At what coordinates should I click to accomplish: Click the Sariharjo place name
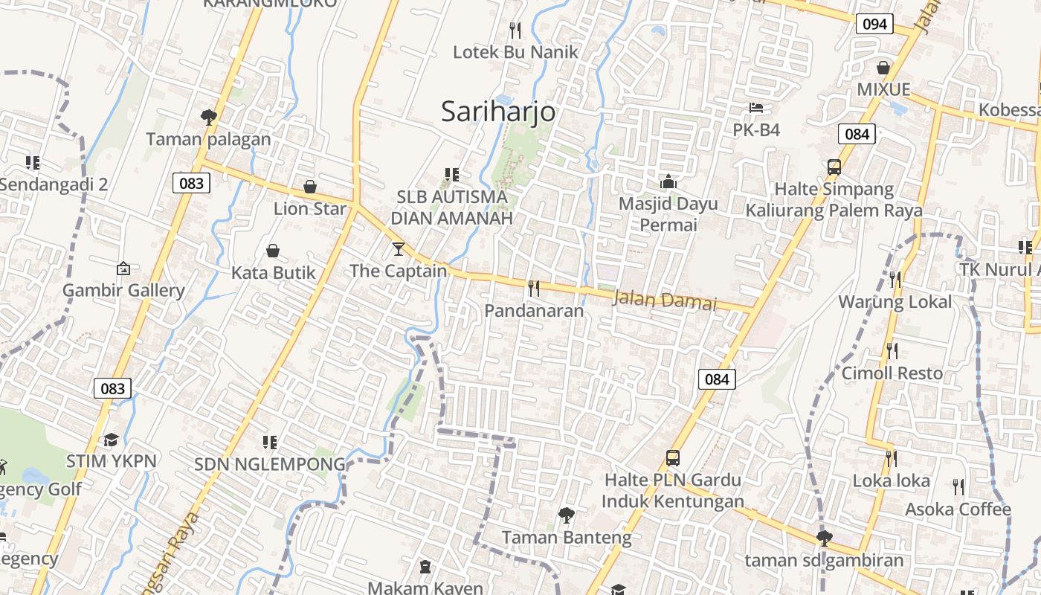click(498, 112)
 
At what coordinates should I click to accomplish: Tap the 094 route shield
click(874, 24)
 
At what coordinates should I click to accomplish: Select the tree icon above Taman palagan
click(208, 117)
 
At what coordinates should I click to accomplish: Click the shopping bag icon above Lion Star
click(310, 186)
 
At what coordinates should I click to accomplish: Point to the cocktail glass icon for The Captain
click(399, 248)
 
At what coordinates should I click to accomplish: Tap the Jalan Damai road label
click(665, 300)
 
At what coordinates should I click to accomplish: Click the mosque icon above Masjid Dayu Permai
click(668, 181)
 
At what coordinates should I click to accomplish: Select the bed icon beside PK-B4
click(756, 108)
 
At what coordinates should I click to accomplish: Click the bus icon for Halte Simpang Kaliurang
click(834, 167)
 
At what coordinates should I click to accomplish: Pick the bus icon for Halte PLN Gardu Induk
click(673, 457)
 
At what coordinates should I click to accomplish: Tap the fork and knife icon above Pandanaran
click(534, 289)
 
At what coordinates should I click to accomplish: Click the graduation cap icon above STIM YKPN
click(112, 440)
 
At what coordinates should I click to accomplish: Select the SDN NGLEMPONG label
click(270, 465)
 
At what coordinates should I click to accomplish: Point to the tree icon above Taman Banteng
click(567, 515)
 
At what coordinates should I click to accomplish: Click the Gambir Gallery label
click(123, 290)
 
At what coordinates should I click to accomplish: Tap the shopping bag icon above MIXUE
click(883, 68)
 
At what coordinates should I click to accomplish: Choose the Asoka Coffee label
click(958, 509)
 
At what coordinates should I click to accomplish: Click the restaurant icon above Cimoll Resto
click(892, 350)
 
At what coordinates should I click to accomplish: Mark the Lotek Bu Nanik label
click(516, 52)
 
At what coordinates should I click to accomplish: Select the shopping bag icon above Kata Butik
click(273, 251)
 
